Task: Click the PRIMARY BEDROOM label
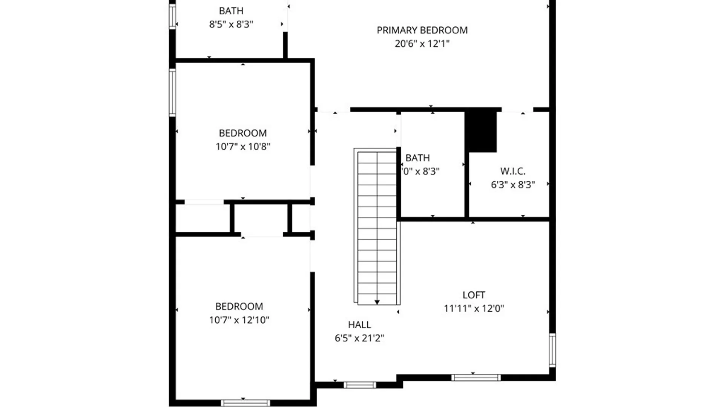422,30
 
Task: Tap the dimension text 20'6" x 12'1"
422,44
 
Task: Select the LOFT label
474,295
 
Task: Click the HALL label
359,324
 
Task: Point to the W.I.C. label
512,171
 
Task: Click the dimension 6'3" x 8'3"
512,185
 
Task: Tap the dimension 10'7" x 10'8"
243,147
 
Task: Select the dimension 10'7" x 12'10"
239,320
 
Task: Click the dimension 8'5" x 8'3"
231,24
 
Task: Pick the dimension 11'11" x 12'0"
474,309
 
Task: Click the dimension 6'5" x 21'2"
359,338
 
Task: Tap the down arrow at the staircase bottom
377,302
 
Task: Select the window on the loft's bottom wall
476,377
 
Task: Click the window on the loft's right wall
552,350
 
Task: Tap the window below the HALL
360,385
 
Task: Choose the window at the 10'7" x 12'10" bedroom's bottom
245,403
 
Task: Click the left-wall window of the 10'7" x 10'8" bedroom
172,93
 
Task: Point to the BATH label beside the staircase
417,158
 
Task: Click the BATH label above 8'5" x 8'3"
231,11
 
